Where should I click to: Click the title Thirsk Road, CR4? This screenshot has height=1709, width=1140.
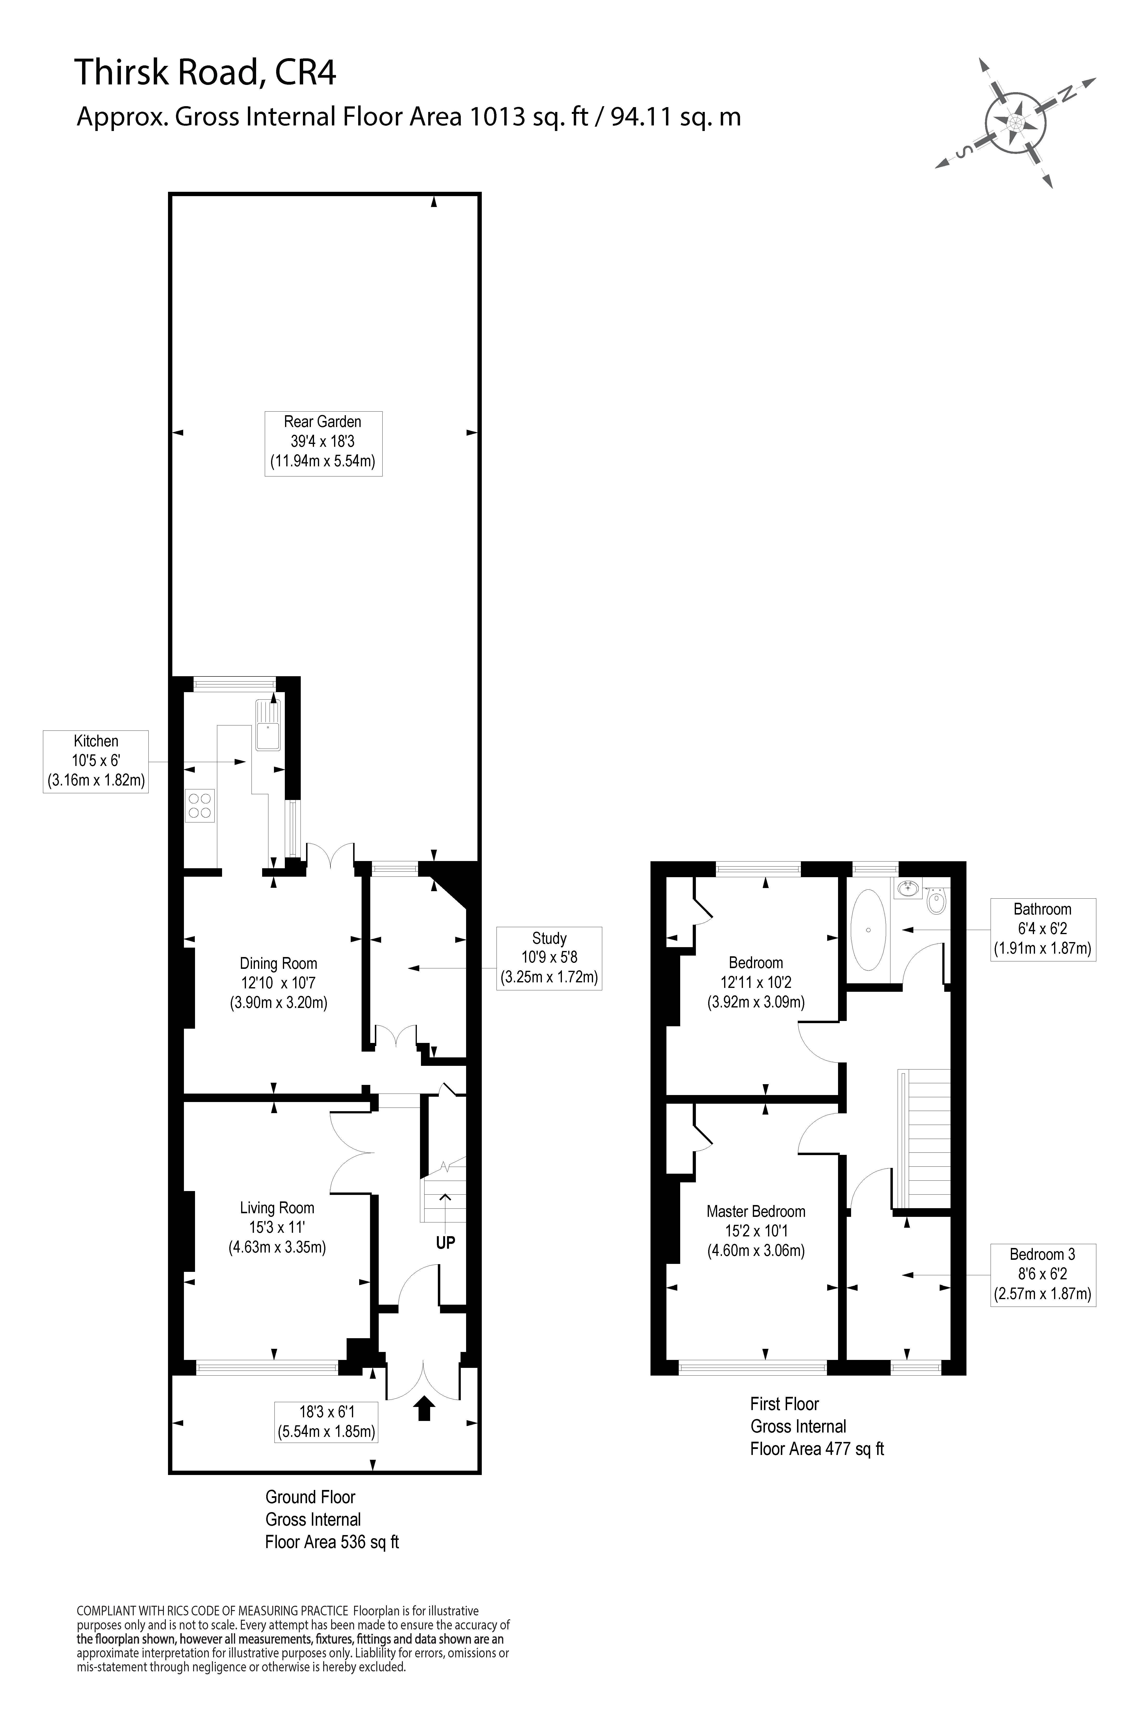206,73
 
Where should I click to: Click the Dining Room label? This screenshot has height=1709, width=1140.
279,983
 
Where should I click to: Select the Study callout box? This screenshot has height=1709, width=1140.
549,958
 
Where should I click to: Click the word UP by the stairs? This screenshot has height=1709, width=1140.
445,1242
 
